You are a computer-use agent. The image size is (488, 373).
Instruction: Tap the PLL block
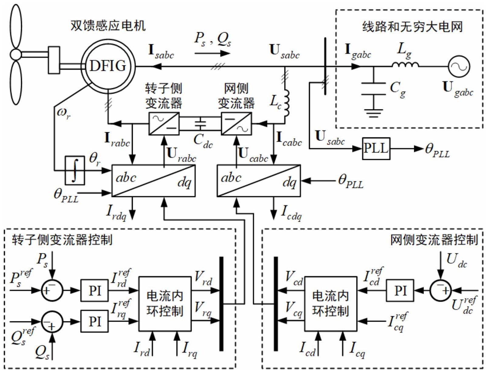(376, 149)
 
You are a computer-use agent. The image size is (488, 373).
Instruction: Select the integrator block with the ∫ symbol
(75, 170)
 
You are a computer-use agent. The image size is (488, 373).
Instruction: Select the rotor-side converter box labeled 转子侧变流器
(164, 124)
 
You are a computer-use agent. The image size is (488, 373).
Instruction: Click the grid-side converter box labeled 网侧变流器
(236, 124)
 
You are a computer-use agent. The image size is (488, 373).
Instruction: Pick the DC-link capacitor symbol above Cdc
(200, 123)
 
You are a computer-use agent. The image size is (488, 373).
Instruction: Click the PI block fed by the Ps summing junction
(95, 291)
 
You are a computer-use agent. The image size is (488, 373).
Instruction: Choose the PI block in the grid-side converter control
(400, 291)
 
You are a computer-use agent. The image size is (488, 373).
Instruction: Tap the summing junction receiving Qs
(52, 322)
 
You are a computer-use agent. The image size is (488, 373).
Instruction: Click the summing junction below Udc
(440, 291)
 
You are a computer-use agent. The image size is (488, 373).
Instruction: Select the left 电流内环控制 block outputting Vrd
(165, 304)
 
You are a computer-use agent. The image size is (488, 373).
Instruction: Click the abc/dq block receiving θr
(153, 181)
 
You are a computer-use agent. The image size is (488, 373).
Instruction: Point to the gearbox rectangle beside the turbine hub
(54, 60)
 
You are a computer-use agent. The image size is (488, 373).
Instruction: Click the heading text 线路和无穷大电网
(412, 27)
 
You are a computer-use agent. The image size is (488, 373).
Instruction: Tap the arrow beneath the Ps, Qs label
(212, 54)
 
